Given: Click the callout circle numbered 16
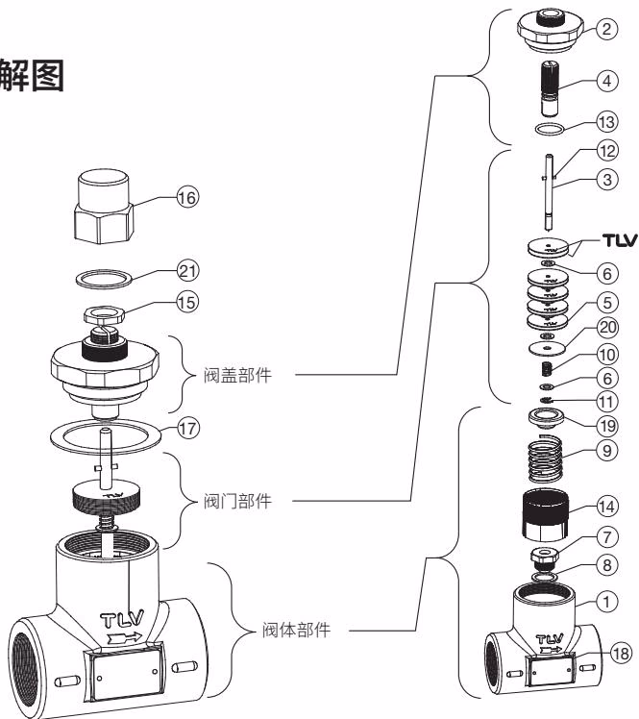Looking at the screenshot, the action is tap(187, 198).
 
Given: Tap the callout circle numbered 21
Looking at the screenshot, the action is tap(187, 270).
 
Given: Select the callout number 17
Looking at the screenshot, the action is tap(187, 430).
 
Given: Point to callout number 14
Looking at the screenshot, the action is tap(606, 507).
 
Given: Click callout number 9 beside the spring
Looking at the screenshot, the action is tap(606, 450).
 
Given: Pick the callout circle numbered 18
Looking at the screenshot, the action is tap(621, 653).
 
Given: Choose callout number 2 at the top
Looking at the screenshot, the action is tap(606, 29).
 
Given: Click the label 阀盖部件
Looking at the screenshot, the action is tap(237, 375).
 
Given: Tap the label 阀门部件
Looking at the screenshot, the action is tap(237, 501).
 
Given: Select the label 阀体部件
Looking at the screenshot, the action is tap(296, 630).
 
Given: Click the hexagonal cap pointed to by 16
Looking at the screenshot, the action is tap(104, 207).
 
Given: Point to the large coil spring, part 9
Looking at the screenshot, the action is tap(545, 459).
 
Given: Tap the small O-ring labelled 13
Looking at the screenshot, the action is tap(550, 129).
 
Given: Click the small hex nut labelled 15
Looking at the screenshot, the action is tap(104, 315).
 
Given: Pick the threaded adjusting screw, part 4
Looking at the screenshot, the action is tap(550, 88).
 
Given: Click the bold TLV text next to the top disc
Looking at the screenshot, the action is tap(620, 240).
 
